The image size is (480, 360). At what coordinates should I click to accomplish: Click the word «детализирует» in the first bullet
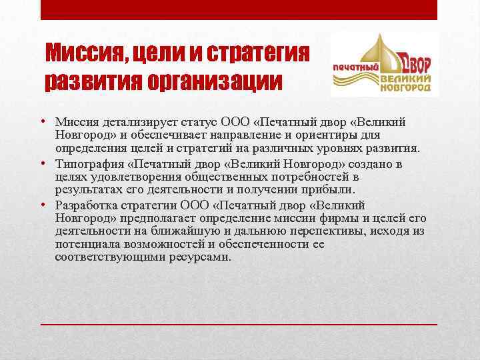pyautogui.click(x=135, y=121)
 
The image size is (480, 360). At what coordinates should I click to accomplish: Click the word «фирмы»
pyautogui.click(x=362, y=218)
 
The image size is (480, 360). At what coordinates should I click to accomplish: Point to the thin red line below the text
pyautogui.click(x=240, y=323)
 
